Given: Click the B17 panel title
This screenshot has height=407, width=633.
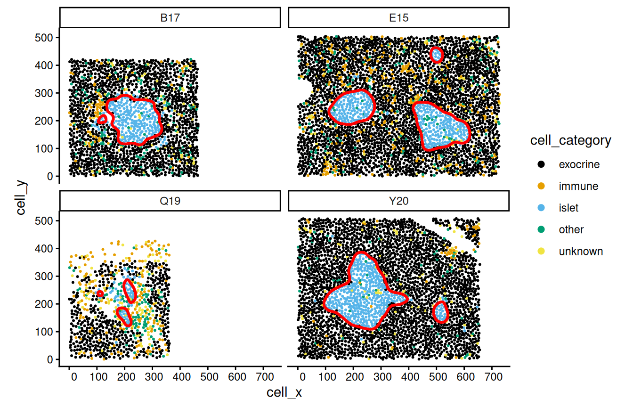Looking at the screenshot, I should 170,18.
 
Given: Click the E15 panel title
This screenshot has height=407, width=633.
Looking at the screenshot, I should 398,18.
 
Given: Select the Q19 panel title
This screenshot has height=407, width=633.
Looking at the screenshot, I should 170,201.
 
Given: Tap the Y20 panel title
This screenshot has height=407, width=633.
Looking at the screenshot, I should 398,201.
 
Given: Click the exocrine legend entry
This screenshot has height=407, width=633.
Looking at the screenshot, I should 579,165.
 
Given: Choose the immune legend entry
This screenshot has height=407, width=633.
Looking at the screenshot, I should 578,187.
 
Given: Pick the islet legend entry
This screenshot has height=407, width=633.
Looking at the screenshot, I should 568,208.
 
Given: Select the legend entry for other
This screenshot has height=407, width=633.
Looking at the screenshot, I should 571,230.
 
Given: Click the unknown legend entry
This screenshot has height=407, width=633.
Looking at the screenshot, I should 580,252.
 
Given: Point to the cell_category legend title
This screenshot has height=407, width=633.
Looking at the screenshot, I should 570,140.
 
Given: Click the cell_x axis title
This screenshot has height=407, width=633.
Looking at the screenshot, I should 284,393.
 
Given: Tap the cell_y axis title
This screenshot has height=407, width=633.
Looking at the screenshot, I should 21,198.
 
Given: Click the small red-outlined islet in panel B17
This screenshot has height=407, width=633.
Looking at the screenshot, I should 102,120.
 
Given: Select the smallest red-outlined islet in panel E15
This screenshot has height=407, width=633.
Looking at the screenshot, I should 437,55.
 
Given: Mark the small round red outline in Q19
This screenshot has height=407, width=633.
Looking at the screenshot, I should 100,294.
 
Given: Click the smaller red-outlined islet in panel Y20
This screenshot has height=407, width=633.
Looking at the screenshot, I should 440,312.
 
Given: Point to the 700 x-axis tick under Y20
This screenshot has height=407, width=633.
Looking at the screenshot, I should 492,377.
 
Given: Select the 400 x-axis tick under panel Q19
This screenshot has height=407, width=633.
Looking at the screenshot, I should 182,377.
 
